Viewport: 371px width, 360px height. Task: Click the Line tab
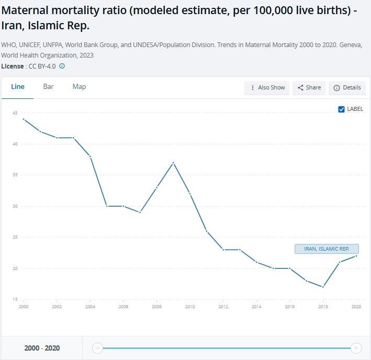pyautogui.click(x=17, y=87)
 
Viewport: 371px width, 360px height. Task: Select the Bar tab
pyautogui.click(x=48, y=87)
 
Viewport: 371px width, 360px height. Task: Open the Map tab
pyautogui.click(x=79, y=87)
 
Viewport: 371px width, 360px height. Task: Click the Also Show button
pyautogui.click(x=268, y=88)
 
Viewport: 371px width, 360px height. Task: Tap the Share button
pyautogui.click(x=309, y=88)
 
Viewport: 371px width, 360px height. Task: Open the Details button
pyautogui.click(x=347, y=88)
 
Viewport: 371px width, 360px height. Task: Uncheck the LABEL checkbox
pyautogui.click(x=342, y=109)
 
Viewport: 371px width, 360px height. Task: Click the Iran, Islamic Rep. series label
pyautogui.click(x=327, y=249)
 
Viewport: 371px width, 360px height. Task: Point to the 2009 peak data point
pyautogui.click(x=173, y=163)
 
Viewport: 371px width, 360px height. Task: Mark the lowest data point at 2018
pyautogui.click(x=323, y=287)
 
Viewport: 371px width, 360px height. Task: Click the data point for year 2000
pyautogui.click(x=24, y=119)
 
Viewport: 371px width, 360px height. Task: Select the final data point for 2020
pyautogui.click(x=356, y=256)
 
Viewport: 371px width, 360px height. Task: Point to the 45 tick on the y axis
pyautogui.click(x=15, y=113)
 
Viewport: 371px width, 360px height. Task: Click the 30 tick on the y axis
pyautogui.click(x=15, y=206)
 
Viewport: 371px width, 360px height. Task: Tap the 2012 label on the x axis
pyautogui.click(x=223, y=307)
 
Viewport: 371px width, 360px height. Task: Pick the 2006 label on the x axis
pyautogui.click(x=123, y=307)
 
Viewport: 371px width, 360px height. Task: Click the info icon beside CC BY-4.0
pyautogui.click(x=62, y=66)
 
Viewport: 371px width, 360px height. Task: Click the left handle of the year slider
pyautogui.click(x=97, y=348)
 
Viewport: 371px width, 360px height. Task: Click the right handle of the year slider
pyautogui.click(x=356, y=348)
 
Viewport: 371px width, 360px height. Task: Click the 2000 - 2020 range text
pyautogui.click(x=42, y=348)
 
